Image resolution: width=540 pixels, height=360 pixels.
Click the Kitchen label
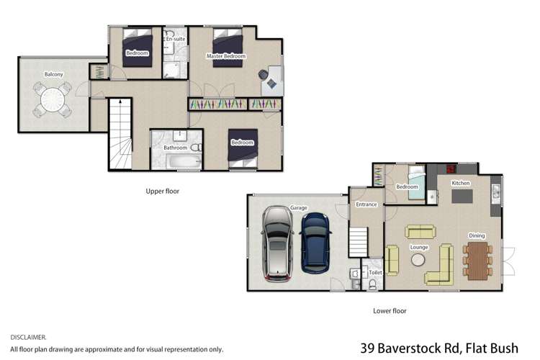[461, 184]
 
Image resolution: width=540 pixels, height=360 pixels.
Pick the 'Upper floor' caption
[162, 192]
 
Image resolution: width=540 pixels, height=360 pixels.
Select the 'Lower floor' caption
[390, 311]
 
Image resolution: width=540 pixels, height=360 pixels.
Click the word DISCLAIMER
[29, 336]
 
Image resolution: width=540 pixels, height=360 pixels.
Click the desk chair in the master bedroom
[271, 83]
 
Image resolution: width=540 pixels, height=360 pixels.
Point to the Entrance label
[366, 205]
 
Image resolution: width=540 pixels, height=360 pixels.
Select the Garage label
[299, 207]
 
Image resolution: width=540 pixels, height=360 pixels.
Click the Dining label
[477, 235]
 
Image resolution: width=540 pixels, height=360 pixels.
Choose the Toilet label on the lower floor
[375, 273]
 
